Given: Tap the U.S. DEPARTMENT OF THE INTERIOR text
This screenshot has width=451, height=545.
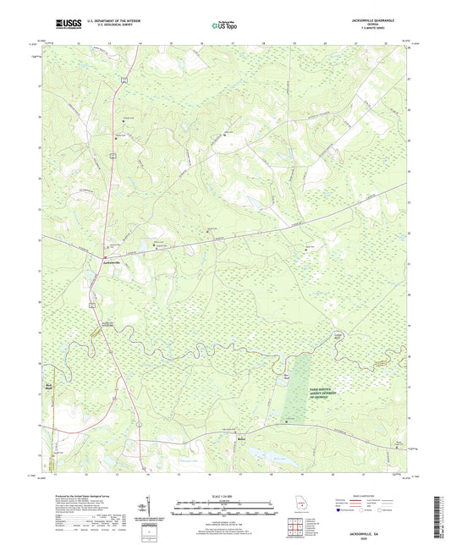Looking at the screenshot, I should [x=102, y=23].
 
